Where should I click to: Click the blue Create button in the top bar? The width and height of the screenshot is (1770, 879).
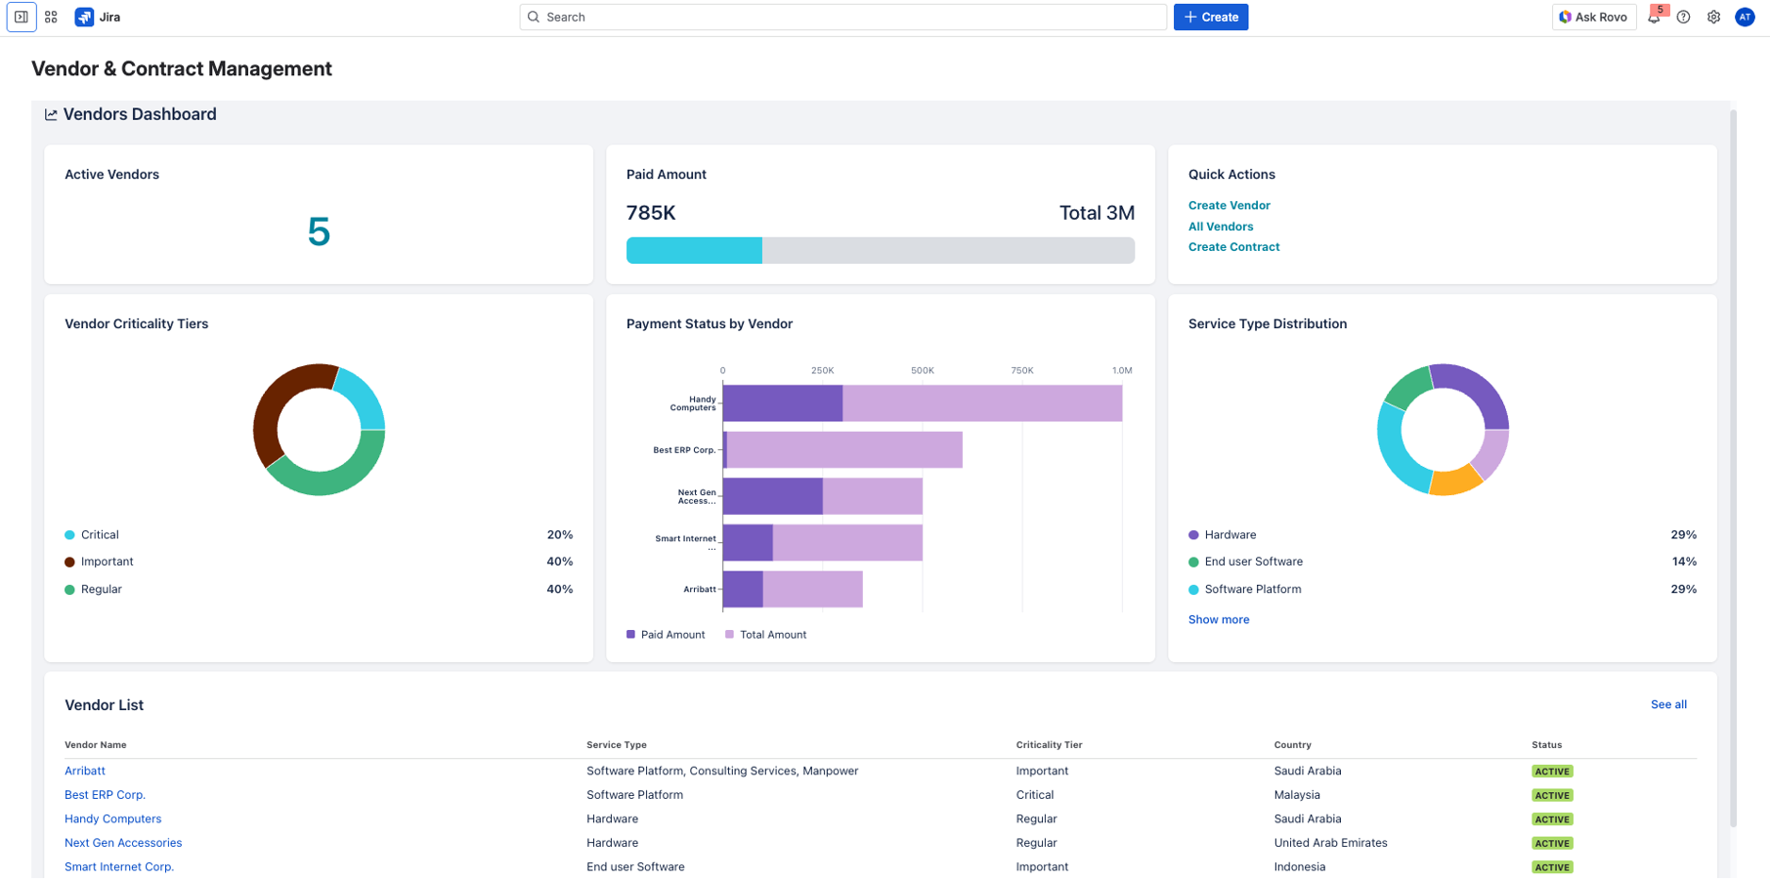[x=1210, y=17]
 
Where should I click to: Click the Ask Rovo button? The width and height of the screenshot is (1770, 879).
[x=1593, y=17]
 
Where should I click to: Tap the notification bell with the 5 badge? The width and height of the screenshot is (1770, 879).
[x=1654, y=17]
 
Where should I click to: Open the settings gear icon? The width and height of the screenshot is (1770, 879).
[x=1713, y=17]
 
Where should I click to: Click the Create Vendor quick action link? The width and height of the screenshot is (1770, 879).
[x=1229, y=205]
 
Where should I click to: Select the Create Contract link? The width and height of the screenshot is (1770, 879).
[x=1233, y=247]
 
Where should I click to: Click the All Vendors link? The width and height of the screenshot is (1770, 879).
[x=1220, y=227]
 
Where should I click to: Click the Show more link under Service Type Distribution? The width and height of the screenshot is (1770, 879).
[x=1218, y=619]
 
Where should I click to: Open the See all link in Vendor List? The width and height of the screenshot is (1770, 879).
[x=1667, y=704]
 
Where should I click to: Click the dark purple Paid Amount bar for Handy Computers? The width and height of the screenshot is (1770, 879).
[x=782, y=403]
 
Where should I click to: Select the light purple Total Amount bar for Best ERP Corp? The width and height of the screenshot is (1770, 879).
[x=844, y=450]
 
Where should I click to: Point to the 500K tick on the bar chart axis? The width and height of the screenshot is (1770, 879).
[x=922, y=371]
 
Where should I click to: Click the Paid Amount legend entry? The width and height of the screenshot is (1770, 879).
[x=666, y=635]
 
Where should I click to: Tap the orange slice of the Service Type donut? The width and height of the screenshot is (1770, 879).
[x=1454, y=481]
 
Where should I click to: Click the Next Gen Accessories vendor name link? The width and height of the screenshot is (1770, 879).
[x=123, y=843]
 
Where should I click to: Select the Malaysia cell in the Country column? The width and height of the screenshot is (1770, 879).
[x=1296, y=795]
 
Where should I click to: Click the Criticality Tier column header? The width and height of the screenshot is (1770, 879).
[x=1049, y=745]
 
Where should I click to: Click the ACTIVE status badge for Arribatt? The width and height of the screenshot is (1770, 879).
[x=1551, y=772]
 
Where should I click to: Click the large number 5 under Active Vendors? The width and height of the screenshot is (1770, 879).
[x=319, y=232]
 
